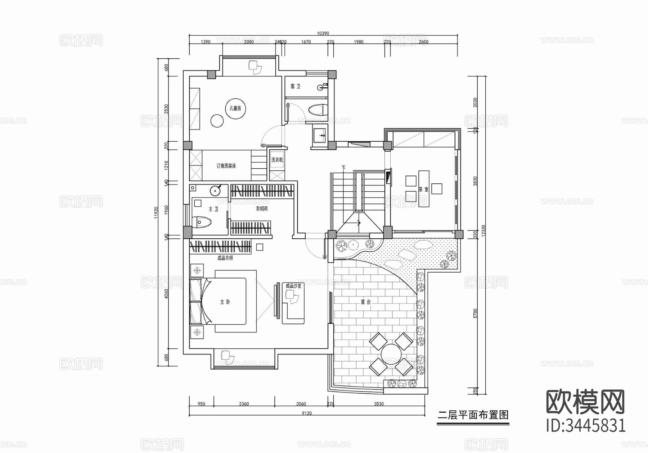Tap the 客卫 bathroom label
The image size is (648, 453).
tap(295, 86)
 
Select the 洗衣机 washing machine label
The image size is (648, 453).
tap(277, 160)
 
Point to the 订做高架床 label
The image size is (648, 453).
tap(226, 166)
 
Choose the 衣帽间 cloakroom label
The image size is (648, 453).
tap(261, 209)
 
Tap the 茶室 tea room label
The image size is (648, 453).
tap(423, 189)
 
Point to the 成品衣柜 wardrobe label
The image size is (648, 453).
tap(225, 258)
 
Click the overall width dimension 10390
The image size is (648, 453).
tap(323, 33)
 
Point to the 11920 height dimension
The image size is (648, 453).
tap(156, 212)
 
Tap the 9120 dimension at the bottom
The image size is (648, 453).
tap(306, 413)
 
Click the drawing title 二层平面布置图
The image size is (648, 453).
tap(473, 415)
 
